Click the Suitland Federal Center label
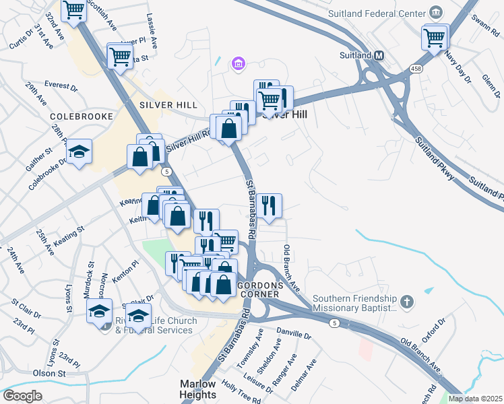coord(377,13)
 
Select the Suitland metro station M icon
coord(379,55)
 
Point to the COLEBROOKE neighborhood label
coord(80,116)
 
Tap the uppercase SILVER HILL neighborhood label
coord(168,105)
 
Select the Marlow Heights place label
coord(198,389)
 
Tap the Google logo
coord(22,396)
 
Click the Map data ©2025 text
coord(475,399)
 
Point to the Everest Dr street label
coord(61,85)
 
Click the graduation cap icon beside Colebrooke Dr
coord(79,152)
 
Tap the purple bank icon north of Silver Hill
coord(237,65)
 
